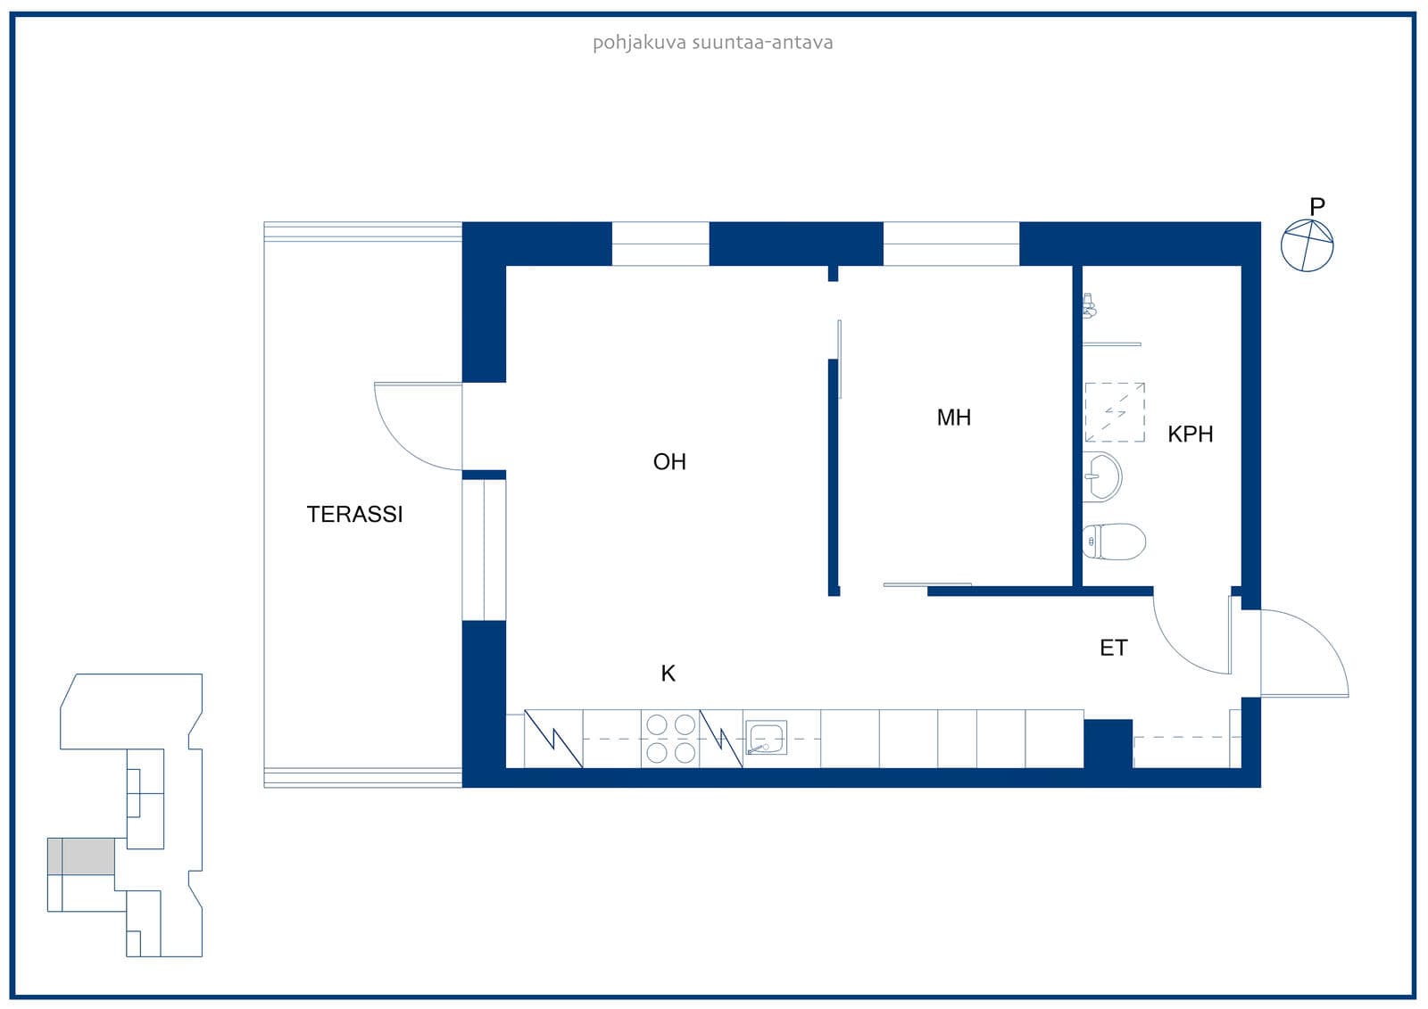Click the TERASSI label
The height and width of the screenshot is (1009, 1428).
click(354, 515)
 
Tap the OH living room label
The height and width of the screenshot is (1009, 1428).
click(669, 462)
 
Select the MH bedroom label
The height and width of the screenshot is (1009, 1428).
click(954, 418)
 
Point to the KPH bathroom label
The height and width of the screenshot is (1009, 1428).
click(1191, 434)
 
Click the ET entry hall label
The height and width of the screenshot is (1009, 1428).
click(1114, 649)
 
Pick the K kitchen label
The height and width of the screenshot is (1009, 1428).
click(668, 674)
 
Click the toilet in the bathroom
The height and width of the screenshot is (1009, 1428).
click(1114, 542)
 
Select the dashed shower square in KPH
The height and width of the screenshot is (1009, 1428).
click(1115, 412)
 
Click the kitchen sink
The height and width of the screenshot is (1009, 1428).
click(766, 738)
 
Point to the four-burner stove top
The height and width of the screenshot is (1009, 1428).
click(670, 739)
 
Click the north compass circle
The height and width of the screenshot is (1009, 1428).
click(1308, 246)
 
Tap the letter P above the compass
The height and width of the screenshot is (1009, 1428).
click(1317, 206)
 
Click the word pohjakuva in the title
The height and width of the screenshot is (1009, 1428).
click(639, 44)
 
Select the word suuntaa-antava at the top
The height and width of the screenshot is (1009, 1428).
click(762, 43)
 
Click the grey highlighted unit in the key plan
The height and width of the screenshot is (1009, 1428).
click(81, 856)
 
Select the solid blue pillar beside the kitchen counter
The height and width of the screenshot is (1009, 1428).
click(1108, 744)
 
